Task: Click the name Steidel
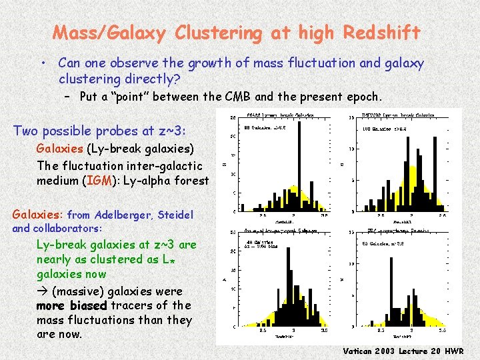[175, 215]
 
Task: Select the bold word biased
[83, 305]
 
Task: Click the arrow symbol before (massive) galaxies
[42, 291]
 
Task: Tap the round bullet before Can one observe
[42, 64]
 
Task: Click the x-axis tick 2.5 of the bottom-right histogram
[381, 331]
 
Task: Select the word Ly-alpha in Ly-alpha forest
[135, 180]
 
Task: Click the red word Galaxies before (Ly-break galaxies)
[59, 148]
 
